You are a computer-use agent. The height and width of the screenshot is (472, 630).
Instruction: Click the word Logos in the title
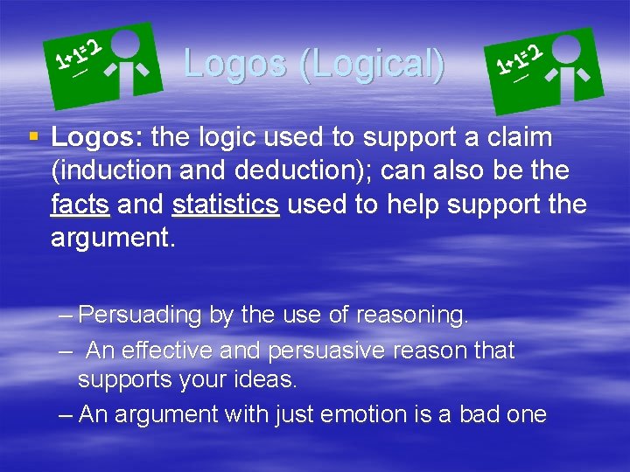pyautogui.click(x=234, y=63)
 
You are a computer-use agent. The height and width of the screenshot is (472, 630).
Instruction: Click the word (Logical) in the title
pyautogui.click(x=371, y=65)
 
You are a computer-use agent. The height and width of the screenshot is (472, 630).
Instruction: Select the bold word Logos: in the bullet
pyautogui.click(x=98, y=137)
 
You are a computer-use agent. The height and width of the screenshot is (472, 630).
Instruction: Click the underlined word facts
pyautogui.click(x=80, y=205)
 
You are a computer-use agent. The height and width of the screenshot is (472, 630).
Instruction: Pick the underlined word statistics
pyautogui.click(x=226, y=205)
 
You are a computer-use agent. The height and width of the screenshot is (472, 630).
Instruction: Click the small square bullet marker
pyautogui.click(x=33, y=136)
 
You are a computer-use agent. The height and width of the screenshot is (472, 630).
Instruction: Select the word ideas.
pyautogui.click(x=266, y=380)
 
